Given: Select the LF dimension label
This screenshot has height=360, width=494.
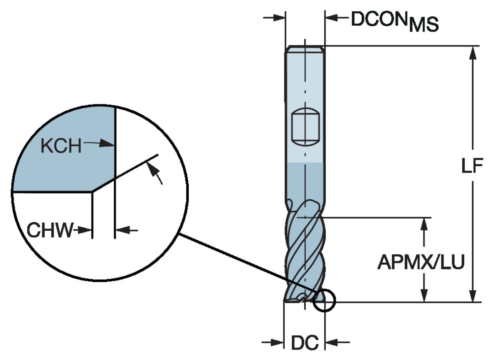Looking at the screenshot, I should (x=472, y=165).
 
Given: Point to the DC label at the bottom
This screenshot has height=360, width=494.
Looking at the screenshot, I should (x=305, y=343).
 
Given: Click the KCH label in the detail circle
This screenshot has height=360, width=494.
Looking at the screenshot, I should (x=61, y=146).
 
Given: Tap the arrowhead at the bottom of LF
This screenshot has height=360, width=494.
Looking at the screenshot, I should (x=473, y=295).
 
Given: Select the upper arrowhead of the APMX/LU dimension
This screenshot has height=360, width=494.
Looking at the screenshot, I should (x=424, y=224).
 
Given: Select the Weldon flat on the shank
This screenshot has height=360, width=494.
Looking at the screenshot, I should (x=305, y=127).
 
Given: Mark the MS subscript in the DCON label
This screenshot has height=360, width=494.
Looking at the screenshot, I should (x=424, y=25).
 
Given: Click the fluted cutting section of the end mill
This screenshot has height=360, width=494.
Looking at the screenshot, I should (x=305, y=254).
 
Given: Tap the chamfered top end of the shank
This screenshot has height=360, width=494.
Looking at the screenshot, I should (x=305, y=49).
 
